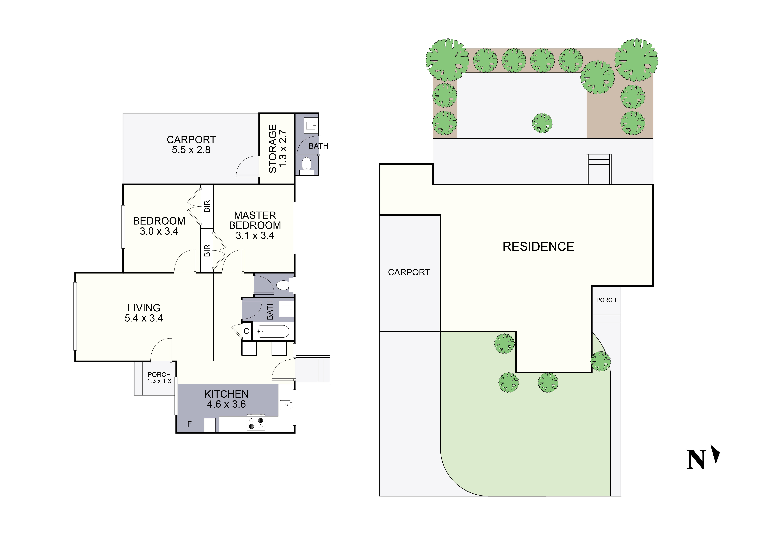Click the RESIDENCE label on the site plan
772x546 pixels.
click(538, 247)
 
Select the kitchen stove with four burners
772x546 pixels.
click(256, 423)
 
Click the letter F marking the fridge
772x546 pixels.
click(189, 424)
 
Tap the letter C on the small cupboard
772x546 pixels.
click(246, 331)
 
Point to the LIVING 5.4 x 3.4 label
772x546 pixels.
click(144, 313)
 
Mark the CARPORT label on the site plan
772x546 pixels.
click(409, 272)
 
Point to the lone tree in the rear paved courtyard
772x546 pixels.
click(542, 123)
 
